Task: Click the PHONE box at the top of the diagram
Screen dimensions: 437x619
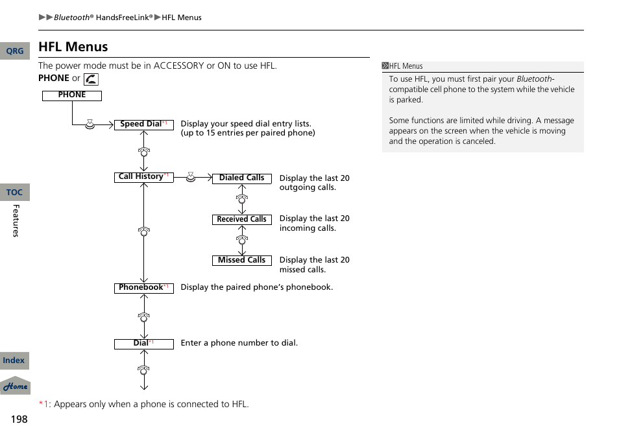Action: [72, 95]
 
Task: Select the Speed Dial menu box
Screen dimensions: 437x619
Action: [143, 124]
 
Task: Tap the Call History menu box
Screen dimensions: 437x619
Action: [143, 177]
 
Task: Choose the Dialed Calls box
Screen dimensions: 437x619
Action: [241, 178]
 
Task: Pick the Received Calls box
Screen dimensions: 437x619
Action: [241, 220]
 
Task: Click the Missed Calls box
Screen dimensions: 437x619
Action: [241, 261]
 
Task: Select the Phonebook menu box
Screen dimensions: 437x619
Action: [143, 288]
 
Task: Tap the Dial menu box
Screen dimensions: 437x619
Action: [143, 344]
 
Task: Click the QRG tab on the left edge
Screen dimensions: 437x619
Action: [14, 51]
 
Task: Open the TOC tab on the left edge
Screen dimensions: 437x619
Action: [14, 193]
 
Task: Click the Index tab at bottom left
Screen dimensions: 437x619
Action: [14, 360]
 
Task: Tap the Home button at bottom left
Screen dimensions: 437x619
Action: [15, 386]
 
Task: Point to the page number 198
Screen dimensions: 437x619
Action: [19, 419]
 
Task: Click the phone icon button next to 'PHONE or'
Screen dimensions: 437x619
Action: [91, 79]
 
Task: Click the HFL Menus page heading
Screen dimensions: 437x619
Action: [73, 47]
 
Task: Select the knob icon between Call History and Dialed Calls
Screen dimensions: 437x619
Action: [191, 176]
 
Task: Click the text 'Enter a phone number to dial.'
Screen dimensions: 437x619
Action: [239, 343]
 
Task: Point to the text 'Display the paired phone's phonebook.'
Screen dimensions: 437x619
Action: [256, 287]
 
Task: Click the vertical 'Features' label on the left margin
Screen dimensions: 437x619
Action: [16, 220]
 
